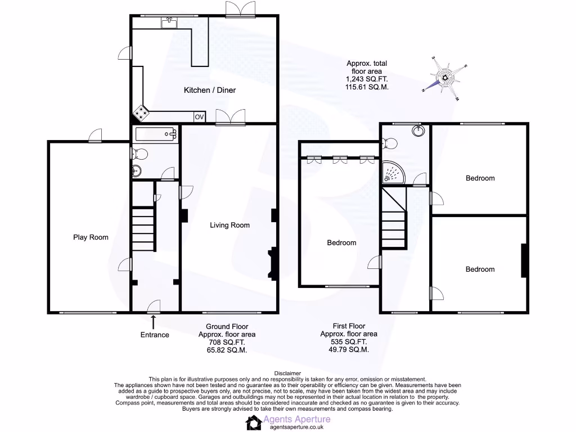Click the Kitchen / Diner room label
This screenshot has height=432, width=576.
tap(210, 90)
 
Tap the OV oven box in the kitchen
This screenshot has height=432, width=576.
tap(199, 117)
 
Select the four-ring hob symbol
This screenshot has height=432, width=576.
tap(141, 114)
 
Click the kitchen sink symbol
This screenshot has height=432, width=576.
tap(169, 22)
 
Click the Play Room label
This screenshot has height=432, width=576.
tap(91, 237)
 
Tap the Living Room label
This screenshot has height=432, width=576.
tap(229, 226)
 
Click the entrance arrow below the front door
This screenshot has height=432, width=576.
tap(154, 321)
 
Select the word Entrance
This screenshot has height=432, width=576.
tap(155, 335)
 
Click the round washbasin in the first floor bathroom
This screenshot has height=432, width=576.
tap(418, 132)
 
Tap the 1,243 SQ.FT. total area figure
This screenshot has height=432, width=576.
tap(366, 80)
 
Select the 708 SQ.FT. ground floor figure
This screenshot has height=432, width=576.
tap(227, 342)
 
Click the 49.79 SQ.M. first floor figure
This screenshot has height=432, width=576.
tap(348, 349)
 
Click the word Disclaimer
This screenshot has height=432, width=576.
tap(287, 373)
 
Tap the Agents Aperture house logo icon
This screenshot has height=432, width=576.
tap(254, 423)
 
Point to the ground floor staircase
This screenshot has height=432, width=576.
tap(143, 225)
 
